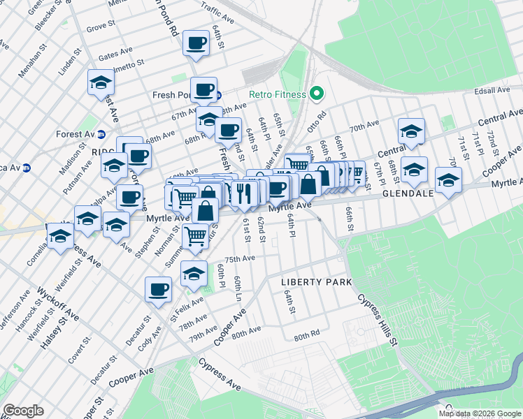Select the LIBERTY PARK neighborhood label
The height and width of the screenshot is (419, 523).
tap(315, 281)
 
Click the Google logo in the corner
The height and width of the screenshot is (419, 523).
tap(23, 411)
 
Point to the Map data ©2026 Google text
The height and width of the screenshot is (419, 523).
tap(479, 413)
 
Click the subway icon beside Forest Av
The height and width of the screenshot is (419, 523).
tap(101, 134)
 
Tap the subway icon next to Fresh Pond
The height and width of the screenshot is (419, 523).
tap(218, 95)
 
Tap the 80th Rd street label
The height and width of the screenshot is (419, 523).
tap(306, 337)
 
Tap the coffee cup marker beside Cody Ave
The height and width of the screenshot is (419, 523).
tap(159, 288)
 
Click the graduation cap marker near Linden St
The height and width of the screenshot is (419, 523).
tap(101, 82)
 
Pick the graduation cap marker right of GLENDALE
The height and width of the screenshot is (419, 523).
tap(448, 179)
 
